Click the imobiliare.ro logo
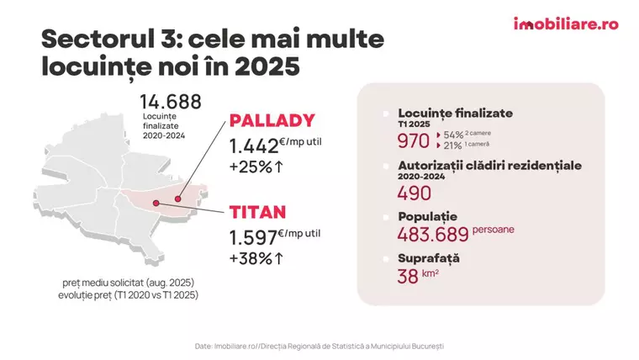point(565,24)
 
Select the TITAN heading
point(258,212)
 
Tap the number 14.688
point(171,103)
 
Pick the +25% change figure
point(256,167)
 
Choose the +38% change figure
point(256,257)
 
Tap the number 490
point(415,193)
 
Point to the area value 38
point(408,276)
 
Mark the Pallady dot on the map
point(177,199)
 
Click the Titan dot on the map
point(156,203)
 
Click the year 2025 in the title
point(270,66)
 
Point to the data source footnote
point(319,346)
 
